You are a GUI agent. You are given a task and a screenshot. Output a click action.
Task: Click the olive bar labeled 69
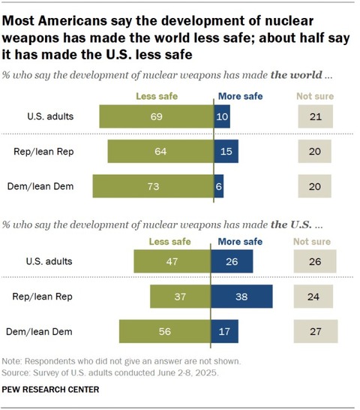point(157,116)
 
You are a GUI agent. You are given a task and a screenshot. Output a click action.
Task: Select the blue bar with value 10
point(222,116)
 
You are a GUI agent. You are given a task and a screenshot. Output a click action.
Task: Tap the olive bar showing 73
point(153,186)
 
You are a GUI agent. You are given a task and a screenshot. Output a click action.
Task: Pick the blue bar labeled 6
point(219,186)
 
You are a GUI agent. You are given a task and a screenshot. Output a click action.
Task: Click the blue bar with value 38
point(241,297)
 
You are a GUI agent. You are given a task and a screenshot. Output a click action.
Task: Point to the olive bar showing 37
point(180,297)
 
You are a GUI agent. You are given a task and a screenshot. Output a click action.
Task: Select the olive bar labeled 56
point(165,331)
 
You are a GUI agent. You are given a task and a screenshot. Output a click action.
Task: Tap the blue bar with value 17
point(224,331)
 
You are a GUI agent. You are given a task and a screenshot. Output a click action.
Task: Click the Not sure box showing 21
point(316,116)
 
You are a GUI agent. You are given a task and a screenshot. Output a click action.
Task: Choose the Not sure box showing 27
point(316,331)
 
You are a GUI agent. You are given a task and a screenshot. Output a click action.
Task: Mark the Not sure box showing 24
point(313,297)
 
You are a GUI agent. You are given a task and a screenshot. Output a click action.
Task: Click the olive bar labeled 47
point(172,261)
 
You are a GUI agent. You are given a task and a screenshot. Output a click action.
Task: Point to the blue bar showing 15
point(226,152)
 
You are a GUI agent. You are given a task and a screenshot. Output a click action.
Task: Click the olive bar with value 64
point(161,152)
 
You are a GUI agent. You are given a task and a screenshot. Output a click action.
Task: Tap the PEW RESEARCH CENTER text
point(50,389)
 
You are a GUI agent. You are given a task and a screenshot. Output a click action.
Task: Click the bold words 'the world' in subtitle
point(296,75)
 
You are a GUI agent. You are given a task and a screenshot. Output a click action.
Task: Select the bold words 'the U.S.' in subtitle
point(291,225)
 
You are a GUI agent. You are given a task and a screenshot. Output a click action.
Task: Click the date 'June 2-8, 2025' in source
point(187,372)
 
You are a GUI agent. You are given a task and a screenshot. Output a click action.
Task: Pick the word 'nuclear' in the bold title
point(289,21)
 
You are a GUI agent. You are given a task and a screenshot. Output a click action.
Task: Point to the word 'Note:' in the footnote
point(12,361)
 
